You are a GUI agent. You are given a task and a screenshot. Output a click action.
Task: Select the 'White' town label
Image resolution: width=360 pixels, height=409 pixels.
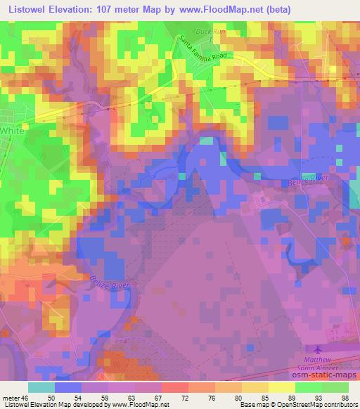click(x=11, y=131)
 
